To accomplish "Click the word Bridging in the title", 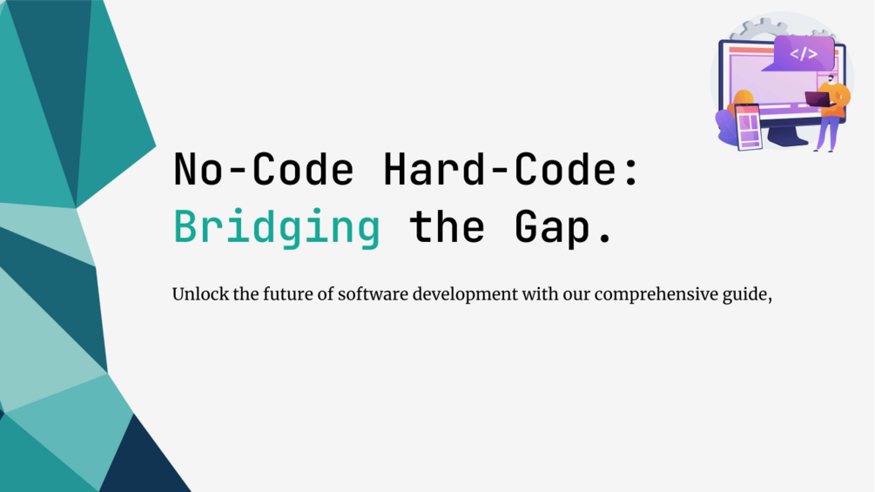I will point(277,227).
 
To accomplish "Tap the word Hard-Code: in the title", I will point(512,170).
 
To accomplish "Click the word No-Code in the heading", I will point(264,170).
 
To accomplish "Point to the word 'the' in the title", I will point(447,227).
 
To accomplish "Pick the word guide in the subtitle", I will point(750,294).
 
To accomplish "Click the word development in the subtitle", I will point(466,294).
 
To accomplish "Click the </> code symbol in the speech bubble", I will point(803,54).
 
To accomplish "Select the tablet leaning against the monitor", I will point(748,126).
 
